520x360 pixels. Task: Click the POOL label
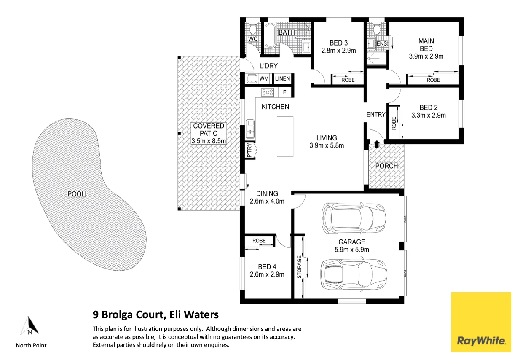[76, 194]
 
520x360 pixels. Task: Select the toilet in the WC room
[252, 29]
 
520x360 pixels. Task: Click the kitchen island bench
[285, 137]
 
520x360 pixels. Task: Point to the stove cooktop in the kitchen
[268, 92]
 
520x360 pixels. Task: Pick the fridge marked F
[284, 92]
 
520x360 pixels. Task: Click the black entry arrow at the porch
[377, 144]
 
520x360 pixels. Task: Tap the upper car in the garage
[354, 218]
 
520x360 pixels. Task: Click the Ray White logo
[481, 322]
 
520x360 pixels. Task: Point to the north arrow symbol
[30, 325]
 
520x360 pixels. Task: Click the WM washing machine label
[264, 78]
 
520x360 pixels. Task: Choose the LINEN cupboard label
[282, 78]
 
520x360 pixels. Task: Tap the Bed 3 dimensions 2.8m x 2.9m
[338, 51]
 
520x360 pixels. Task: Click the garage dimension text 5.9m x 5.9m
[352, 250]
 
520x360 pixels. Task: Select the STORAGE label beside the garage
[299, 267]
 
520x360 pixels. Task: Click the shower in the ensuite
[377, 58]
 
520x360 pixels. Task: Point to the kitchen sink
[250, 129]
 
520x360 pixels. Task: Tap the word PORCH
[386, 166]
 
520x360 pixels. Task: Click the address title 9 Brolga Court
[129, 315]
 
